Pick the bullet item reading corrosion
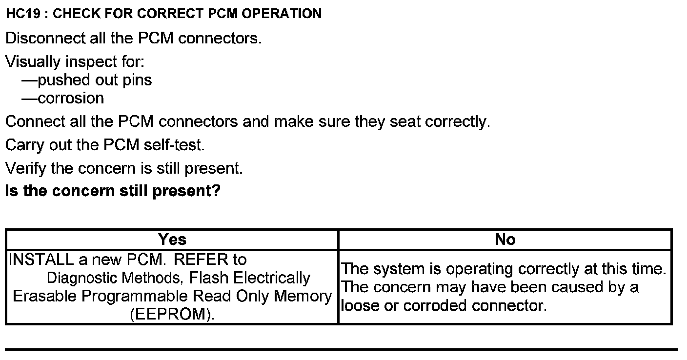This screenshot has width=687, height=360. [x=71, y=99]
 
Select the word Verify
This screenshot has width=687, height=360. [x=26, y=169]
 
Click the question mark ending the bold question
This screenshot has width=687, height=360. [x=216, y=191]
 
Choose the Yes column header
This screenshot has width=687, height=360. [x=172, y=240]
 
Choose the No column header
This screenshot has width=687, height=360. [x=505, y=240]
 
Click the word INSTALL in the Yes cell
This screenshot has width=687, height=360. [x=41, y=260]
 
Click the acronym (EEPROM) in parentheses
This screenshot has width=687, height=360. [x=172, y=315]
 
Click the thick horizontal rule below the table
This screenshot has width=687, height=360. [x=342, y=349]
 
